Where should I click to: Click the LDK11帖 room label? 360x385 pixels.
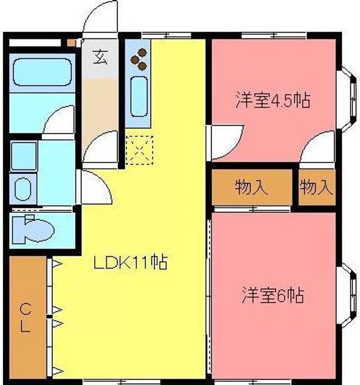click(x=131, y=263)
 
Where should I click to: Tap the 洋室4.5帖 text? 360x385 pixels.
click(x=273, y=100)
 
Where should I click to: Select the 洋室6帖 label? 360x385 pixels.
click(x=273, y=295)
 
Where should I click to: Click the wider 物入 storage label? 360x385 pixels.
click(x=251, y=187)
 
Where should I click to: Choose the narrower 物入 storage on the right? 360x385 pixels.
click(x=317, y=187)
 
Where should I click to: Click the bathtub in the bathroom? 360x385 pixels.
click(x=42, y=72)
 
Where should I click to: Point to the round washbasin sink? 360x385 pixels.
click(x=23, y=189)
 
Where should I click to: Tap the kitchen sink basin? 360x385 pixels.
click(x=139, y=96)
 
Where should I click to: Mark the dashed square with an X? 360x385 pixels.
click(x=139, y=150)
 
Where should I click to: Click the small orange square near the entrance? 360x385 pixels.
click(x=72, y=43)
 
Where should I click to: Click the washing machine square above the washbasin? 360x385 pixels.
click(x=24, y=156)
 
